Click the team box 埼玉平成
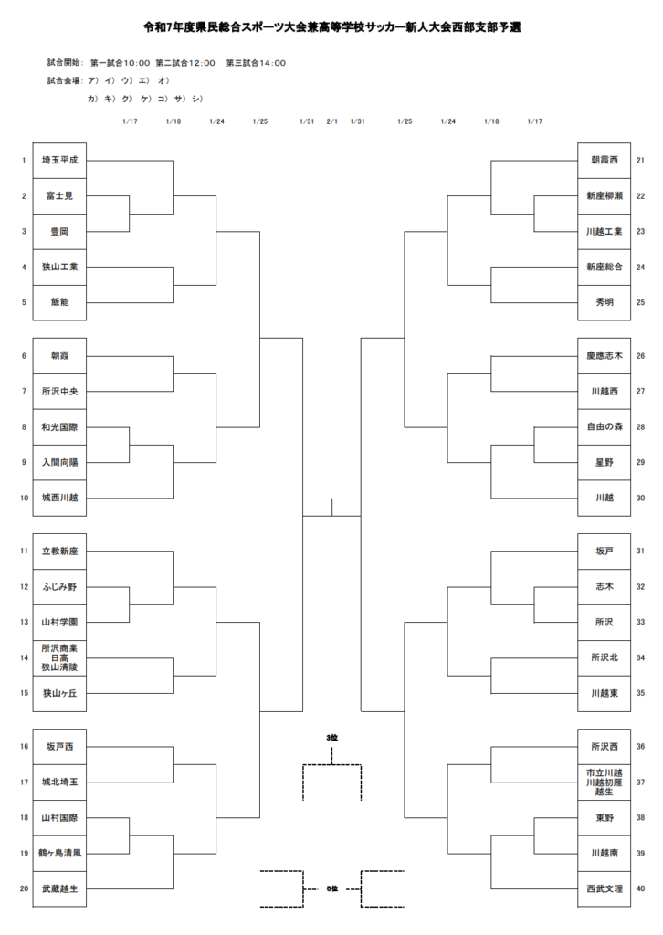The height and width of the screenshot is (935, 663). [x=59, y=160]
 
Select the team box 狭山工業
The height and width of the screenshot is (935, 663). [x=59, y=267]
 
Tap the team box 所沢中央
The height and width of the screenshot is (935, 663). [x=59, y=392]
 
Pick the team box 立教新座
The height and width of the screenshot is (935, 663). [x=59, y=552]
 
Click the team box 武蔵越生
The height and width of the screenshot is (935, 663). [x=59, y=888]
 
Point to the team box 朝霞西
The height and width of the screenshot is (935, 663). [x=604, y=160]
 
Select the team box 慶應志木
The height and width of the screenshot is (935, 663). [x=604, y=355]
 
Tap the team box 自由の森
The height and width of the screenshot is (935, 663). [x=604, y=426]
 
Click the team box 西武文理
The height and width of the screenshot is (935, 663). [x=604, y=888]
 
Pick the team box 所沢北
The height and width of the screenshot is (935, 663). [x=604, y=657]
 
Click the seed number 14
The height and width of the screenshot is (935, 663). [x=25, y=657]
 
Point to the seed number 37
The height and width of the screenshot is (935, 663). [x=640, y=783]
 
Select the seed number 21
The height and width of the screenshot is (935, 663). [x=640, y=160]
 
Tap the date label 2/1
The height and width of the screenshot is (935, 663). [x=331, y=121]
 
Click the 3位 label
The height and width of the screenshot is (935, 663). [x=331, y=737]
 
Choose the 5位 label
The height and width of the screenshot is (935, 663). [x=332, y=888]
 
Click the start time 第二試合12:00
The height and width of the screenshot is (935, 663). [x=185, y=63]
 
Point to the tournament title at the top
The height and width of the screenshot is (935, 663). [x=331, y=27]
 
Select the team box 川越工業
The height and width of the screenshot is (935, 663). [x=604, y=231]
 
